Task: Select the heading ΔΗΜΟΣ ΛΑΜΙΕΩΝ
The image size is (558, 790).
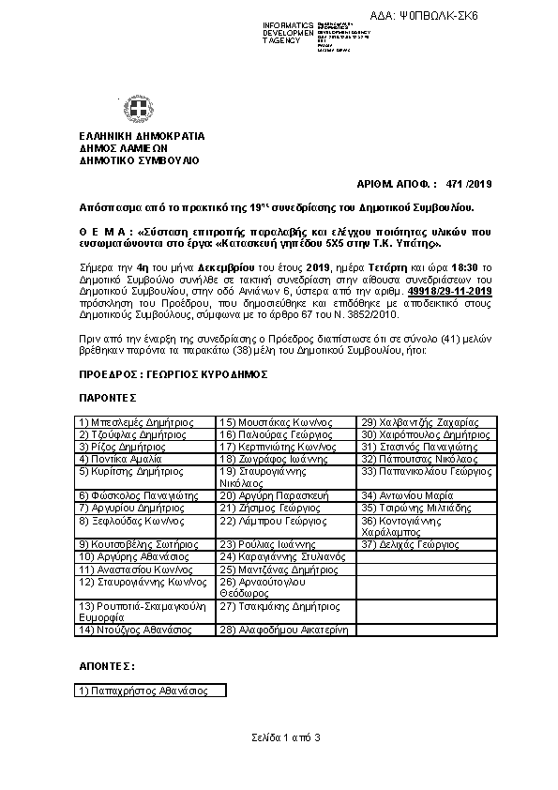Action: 123,148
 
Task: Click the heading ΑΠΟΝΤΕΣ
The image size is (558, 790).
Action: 105,666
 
